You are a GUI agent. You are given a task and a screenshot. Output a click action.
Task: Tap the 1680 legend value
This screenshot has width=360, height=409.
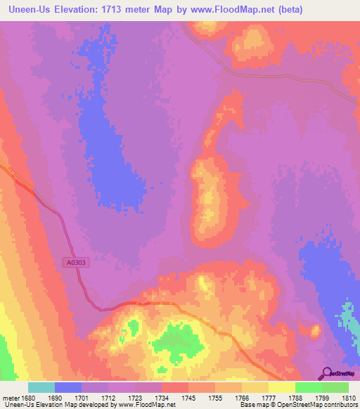point(27,397)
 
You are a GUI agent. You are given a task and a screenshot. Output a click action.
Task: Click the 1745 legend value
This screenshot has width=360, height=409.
point(188,397)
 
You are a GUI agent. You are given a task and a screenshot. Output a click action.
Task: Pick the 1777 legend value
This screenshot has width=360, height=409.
point(269,397)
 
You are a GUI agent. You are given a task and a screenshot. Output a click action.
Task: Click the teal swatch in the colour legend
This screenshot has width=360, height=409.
point(41,387)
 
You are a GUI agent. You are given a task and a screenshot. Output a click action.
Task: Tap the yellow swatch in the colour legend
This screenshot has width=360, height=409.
point(282,387)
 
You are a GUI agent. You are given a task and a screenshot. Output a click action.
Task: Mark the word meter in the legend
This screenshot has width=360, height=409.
point(9,397)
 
